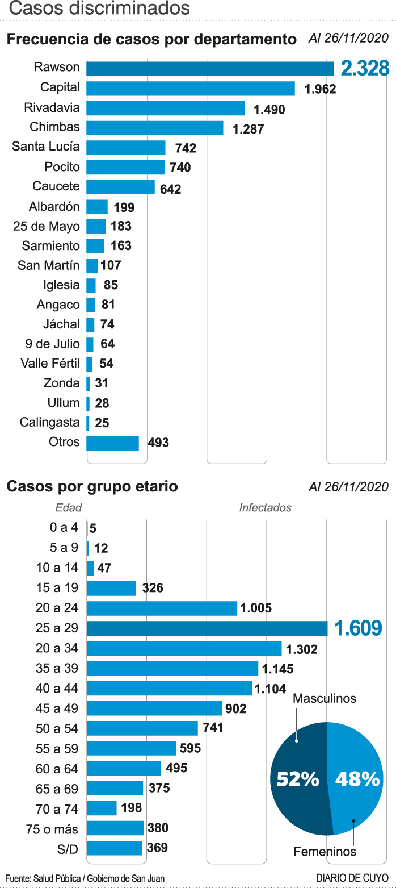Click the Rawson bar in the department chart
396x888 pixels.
210,68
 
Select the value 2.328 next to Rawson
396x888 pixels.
365,68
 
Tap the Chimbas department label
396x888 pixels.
55,127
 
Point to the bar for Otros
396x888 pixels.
112,443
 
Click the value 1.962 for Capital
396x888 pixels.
321,89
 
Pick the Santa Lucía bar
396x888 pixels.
125,148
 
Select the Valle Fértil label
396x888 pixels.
50,364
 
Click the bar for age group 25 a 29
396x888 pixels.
207,628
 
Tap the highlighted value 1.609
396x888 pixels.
358,628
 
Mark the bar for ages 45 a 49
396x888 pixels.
154,708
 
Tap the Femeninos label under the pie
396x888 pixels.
325,852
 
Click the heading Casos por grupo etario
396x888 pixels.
92,487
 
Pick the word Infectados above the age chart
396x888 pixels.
265,508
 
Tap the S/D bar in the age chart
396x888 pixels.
114,848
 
